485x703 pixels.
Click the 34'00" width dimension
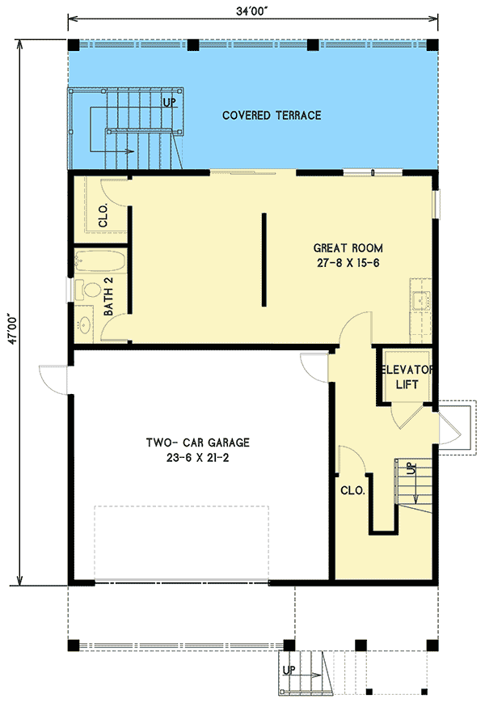pyautogui.click(x=252, y=11)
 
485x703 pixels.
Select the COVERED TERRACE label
pyautogui.click(x=272, y=115)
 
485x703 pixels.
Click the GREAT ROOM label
pyautogui.click(x=348, y=248)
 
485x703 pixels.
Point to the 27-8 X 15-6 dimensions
pyautogui.click(x=348, y=263)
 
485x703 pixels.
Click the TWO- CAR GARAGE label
pyautogui.click(x=197, y=443)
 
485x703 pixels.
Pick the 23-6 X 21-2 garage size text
pyautogui.click(x=197, y=458)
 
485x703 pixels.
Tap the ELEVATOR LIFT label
pyautogui.click(x=407, y=377)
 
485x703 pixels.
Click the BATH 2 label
pyautogui.click(x=108, y=296)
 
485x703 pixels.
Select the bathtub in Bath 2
pyautogui.click(x=100, y=261)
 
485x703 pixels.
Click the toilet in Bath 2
pyautogui.click(x=88, y=290)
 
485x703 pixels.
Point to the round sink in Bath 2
pyautogui.click(x=84, y=324)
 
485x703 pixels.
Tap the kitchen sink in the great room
pyautogui.click(x=421, y=300)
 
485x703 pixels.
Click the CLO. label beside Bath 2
pyautogui.click(x=103, y=215)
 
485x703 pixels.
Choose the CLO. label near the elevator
pyautogui.click(x=352, y=490)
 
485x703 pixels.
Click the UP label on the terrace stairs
pyautogui.click(x=169, y=103)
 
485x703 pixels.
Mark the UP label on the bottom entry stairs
pyautogui.click(x=289, y=670)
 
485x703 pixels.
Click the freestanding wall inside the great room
pyautogui.click(x=264, y=260)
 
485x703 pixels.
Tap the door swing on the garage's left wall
pyautogui.click(x=53, y=379)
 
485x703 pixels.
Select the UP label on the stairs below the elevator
pyautogui.click(x=411, y=469)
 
